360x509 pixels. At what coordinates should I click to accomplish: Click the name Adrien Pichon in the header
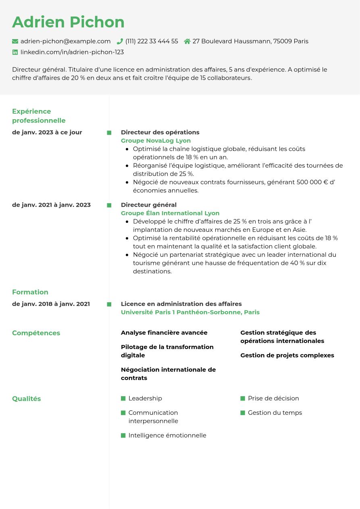tap(68, 22)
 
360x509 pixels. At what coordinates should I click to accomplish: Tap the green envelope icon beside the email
tap(15, 41)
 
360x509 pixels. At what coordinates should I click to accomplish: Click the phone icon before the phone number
tap(120, 41)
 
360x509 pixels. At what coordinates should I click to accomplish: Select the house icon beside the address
tap(187, 41)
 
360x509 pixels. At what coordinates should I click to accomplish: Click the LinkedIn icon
tap(15, 52)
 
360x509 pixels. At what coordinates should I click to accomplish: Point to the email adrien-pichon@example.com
tap(65, 41)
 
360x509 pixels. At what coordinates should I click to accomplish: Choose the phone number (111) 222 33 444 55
tap(152, 41)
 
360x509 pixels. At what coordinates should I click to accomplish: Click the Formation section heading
tap(30, 292)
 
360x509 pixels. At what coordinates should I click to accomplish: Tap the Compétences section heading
tap(36, 333)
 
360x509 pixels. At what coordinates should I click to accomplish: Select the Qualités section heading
tap(27, 399)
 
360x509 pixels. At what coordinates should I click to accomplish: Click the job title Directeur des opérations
tap(160, 132)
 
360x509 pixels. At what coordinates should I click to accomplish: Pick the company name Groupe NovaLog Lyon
tap(156, 141)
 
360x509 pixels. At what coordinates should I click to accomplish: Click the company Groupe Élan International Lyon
tap(170, 213)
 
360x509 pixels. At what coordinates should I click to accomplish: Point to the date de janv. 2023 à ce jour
tap(47, 132)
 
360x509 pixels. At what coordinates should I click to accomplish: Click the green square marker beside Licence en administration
tap(109, 304)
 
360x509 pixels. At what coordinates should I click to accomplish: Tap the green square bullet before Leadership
tap(123, 399)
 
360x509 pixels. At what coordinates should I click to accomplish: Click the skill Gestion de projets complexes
tap(287, 355)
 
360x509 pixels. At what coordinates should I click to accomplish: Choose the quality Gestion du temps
tap(275, 413)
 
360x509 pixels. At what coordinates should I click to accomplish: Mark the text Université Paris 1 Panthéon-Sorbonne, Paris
tap(190, 312)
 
